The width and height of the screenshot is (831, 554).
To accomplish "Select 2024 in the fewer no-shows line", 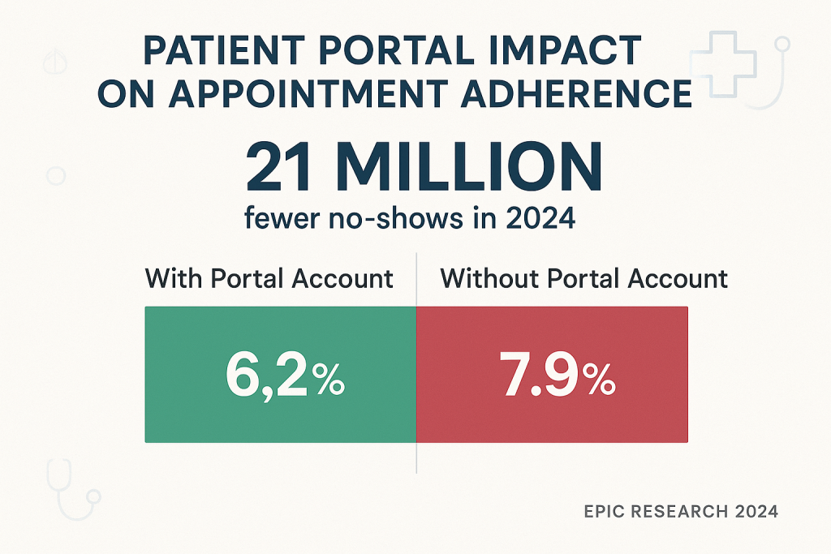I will pyautogui.click(x=540, y=219).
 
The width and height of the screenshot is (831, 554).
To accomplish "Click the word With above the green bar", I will pyautogui.click(x=174, y=279).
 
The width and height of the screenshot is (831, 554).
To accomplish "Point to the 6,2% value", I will pyautogui.click(x=285, y=378).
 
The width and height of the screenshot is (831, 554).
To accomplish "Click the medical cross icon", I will pyautogui.click(x=722, y=62).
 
